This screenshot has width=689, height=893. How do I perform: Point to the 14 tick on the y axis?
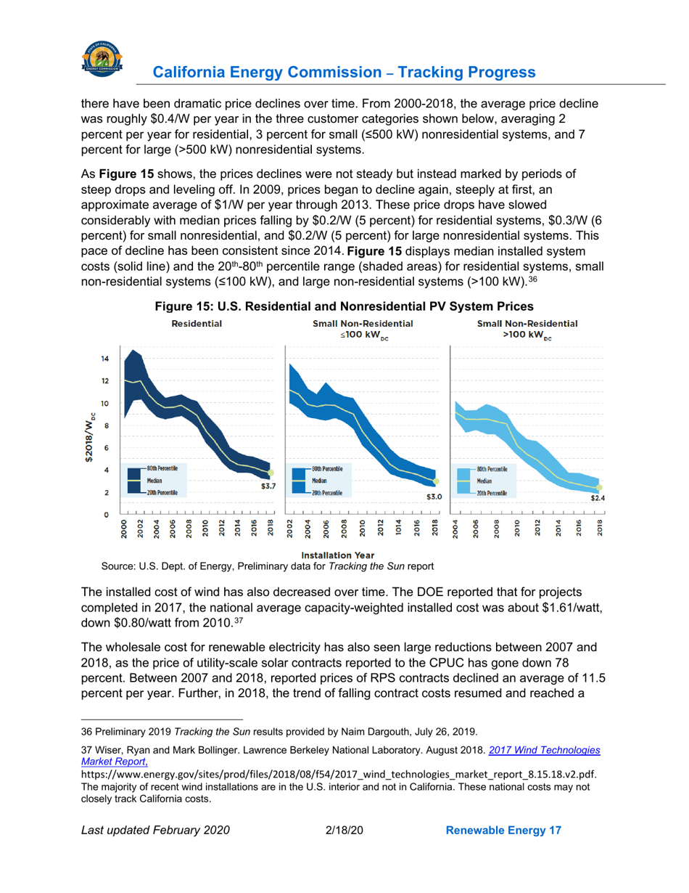pos(105,359)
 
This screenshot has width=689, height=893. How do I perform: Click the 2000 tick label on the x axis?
pos(123,529)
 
